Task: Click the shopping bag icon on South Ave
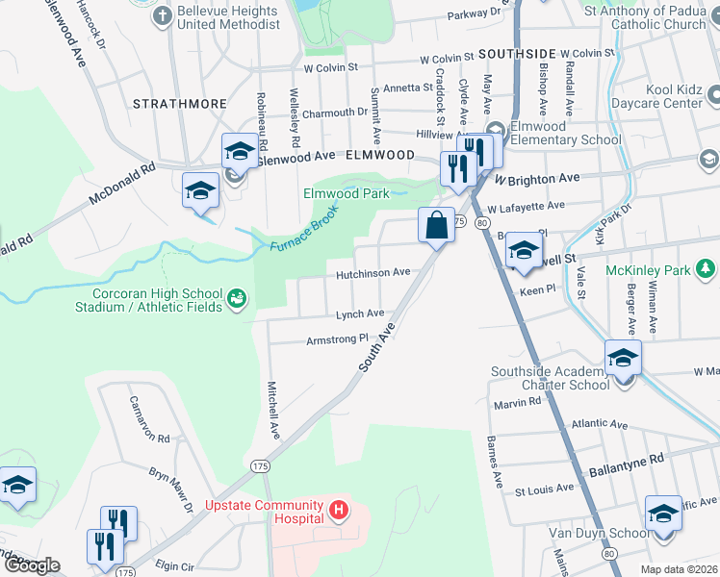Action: [436, 225]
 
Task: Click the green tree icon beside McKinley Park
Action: [706, 267]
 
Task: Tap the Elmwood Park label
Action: [347, 193]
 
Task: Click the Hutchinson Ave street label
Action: [373, 274]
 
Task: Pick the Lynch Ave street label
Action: [360, 314]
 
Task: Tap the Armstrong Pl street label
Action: [337, 339]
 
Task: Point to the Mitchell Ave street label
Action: [272, 406]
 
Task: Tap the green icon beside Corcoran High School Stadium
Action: [236, 301]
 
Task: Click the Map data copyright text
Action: [680, 569]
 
